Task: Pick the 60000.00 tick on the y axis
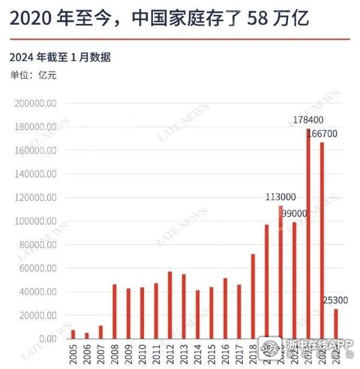tap(38, 268)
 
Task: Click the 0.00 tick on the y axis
tap(48, 339)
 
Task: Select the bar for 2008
tap(114, 311)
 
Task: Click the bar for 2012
tap(170, 305)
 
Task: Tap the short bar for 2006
tap(86, 336)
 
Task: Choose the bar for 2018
tap(253, 296)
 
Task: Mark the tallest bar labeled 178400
tap(308, 234)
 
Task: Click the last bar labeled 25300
tap(336, 324)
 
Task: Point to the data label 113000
tap(281, 197)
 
